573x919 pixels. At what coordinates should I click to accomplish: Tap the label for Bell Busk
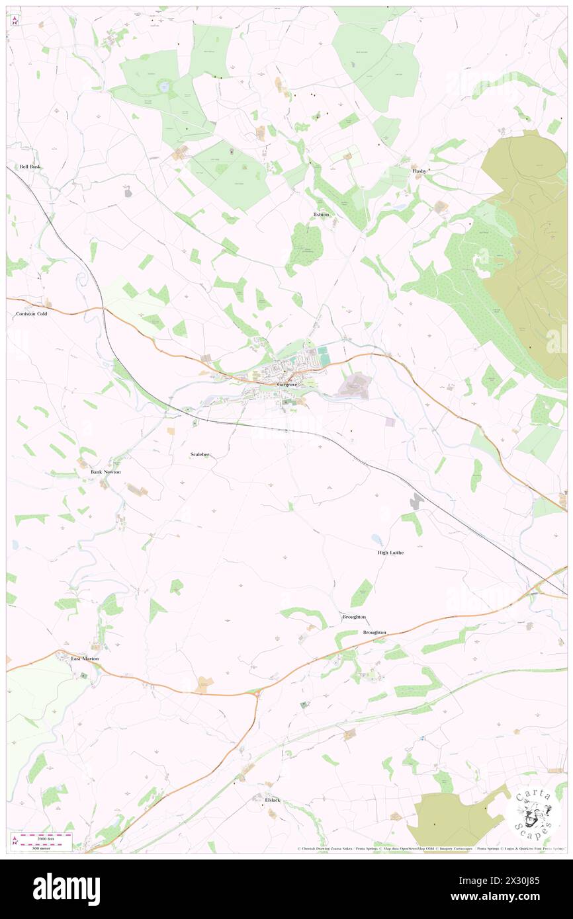(30, 167)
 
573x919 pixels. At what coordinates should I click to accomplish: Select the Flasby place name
(419, 171)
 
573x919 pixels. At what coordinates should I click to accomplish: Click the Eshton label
(321, 215)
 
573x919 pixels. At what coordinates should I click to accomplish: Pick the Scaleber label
(200, 454)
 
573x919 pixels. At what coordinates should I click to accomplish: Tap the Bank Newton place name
(106, 472)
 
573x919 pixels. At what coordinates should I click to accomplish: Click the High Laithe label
(390, 552)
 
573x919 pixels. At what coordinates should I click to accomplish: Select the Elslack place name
(273, 800)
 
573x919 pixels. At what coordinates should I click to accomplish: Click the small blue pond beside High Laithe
(376, 539)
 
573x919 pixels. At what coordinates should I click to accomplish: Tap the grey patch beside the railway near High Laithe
(416, 501)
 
